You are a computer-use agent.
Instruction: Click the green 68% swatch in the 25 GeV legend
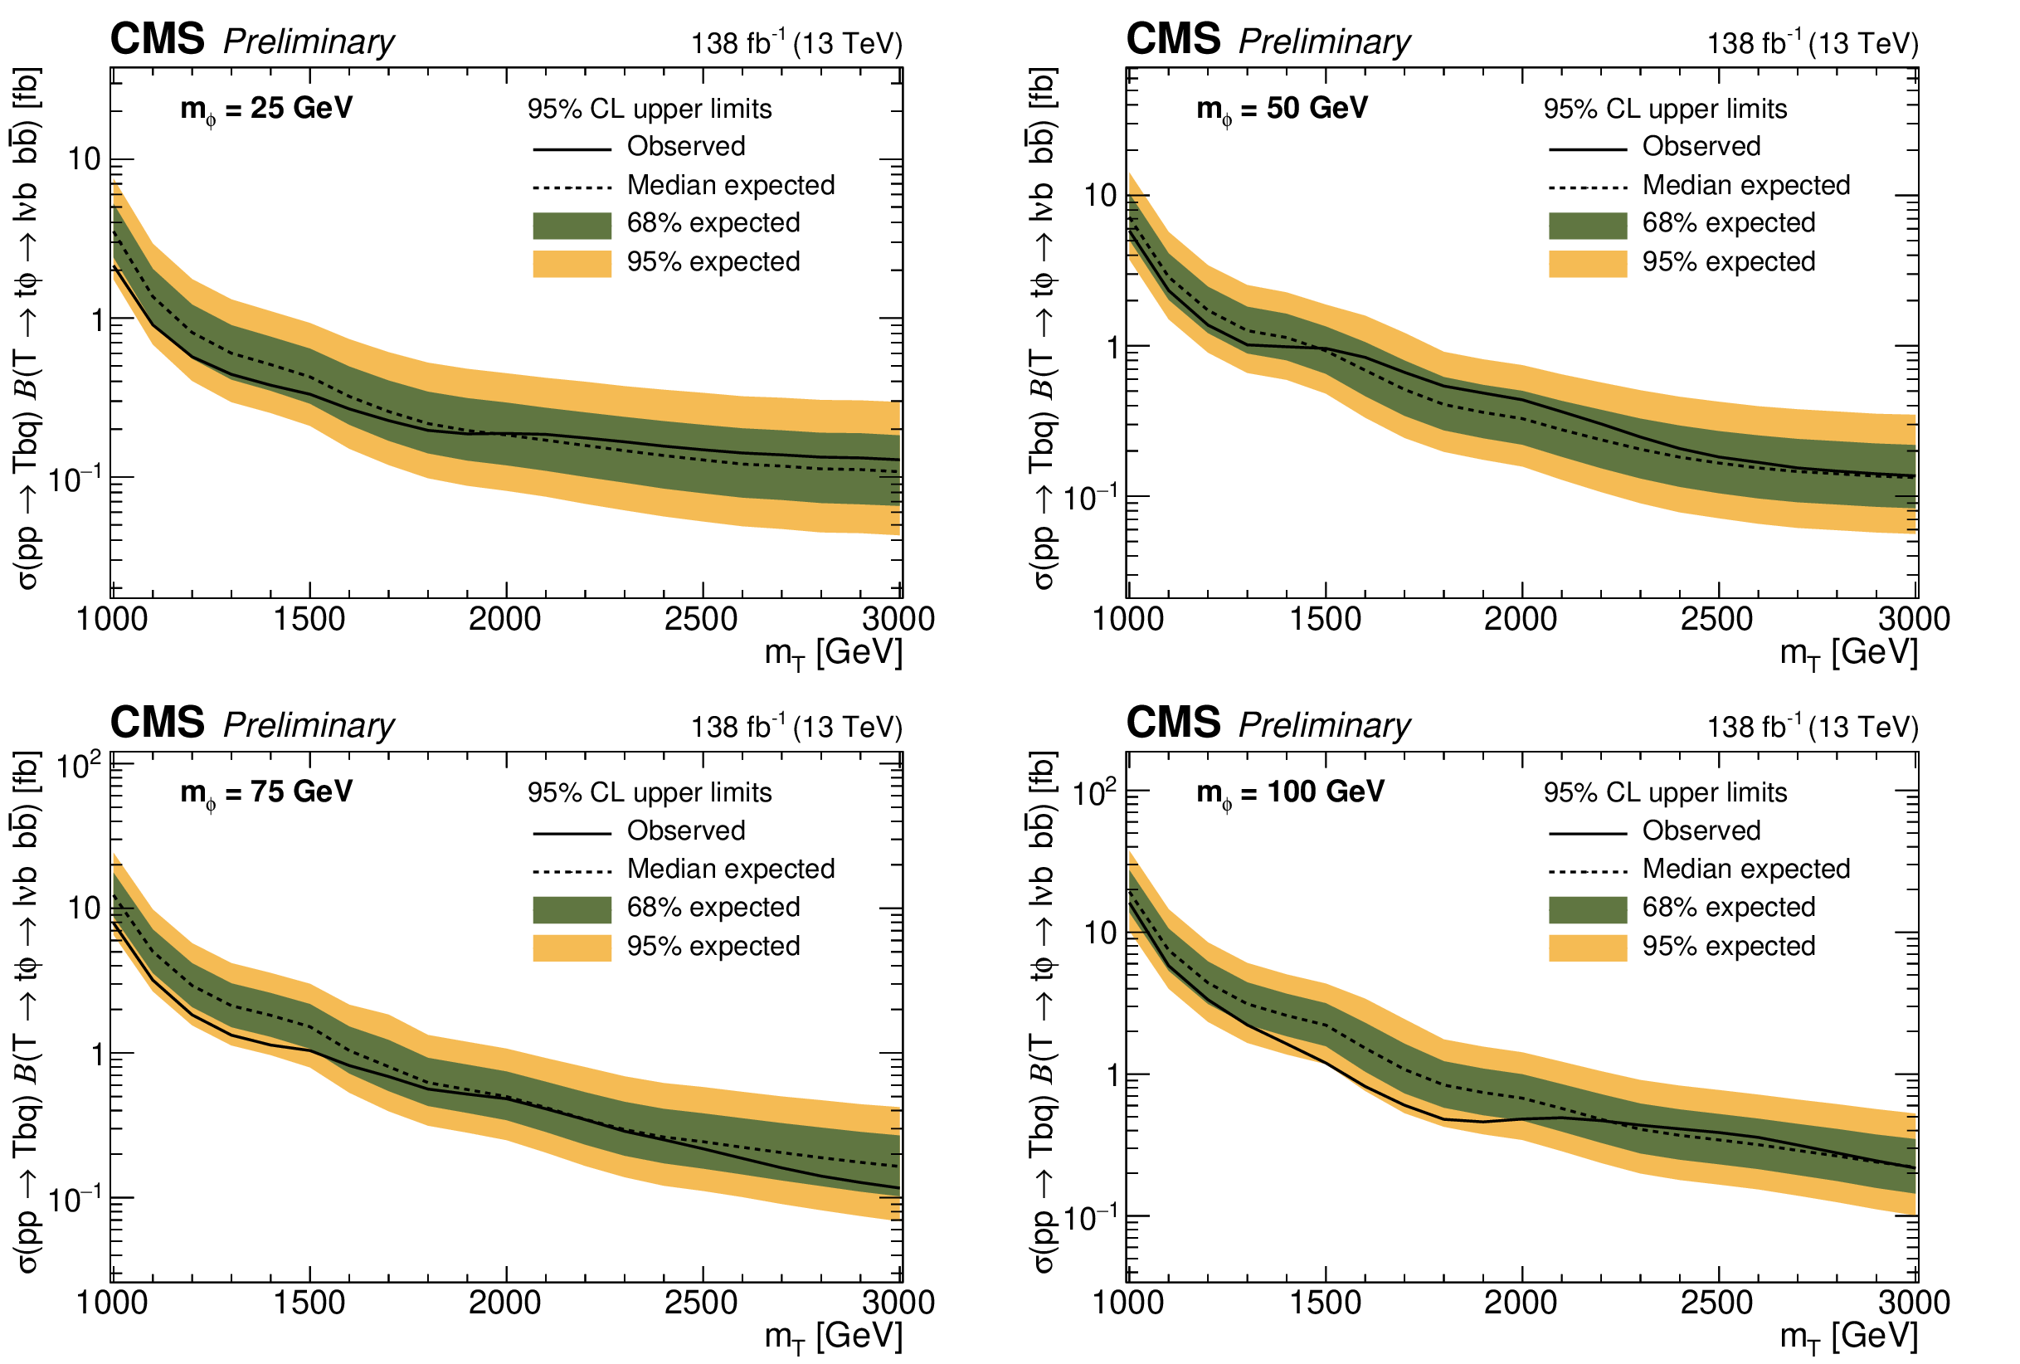click(x=572, y=224)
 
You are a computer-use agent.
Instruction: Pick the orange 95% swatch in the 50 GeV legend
click(x=1587, y=262)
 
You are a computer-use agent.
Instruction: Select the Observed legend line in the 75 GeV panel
click(x=572, y=833)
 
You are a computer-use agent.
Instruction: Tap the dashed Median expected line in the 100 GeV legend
click(x=1587, y=871)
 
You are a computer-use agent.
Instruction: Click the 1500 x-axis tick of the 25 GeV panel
click(x=309, y=620)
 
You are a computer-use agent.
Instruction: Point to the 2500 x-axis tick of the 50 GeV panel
click(x=1716, y=620)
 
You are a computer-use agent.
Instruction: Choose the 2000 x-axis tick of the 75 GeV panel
click(x=505, y=1303)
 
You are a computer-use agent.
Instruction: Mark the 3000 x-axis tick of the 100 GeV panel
click(x=1914, y=1303)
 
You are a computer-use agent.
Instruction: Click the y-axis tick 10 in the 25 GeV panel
click(x=85, y=159)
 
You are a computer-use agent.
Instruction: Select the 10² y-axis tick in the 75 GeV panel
click(x=78, y=766)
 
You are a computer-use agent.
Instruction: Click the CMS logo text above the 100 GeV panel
click(x=1172, y=723)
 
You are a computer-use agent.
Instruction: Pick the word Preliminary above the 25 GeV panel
click(x=309, y=41)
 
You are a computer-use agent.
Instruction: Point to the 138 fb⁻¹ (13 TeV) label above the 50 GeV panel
click(x=1813, y=42)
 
